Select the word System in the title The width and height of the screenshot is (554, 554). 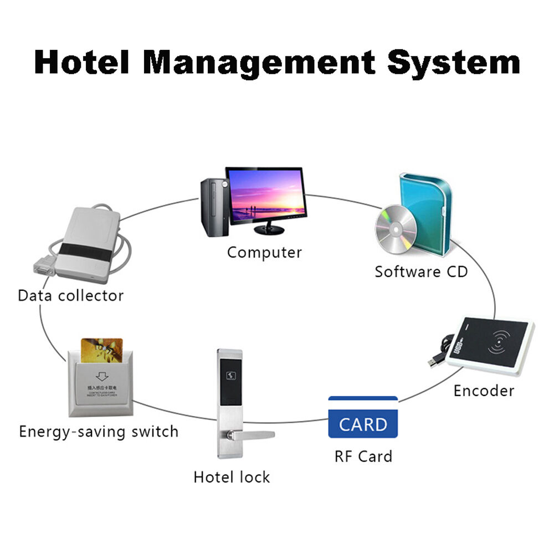tap(453, 62)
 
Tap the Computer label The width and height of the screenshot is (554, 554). tap(264, 253)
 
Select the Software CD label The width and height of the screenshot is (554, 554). tap(421, 272)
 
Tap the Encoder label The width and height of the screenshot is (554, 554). tap(484, 391)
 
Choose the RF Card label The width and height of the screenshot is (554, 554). tap(363, 456)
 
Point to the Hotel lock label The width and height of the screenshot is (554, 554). tap(232, 477)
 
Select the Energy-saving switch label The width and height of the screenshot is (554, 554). tap(99, 432)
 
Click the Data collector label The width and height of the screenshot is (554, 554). tap(70, 295)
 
